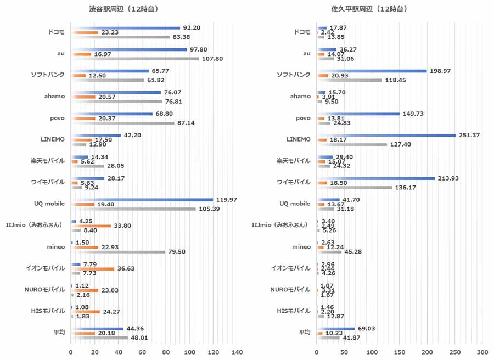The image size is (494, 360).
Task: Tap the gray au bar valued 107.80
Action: click(134, 59)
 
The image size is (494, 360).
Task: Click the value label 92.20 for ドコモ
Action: click(192, 27)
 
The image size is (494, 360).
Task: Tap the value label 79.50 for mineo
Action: click(177, 252)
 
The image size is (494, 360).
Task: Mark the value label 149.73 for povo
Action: click(413, 114)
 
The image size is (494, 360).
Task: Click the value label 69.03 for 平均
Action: click(368, 328)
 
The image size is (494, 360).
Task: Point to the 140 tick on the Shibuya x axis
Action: click(237, 351)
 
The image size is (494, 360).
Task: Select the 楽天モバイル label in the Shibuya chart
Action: click(48, 161)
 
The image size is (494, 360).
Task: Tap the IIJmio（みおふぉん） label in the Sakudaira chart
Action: click(281, 225)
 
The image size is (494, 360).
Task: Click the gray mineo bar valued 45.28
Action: click(329, 252)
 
